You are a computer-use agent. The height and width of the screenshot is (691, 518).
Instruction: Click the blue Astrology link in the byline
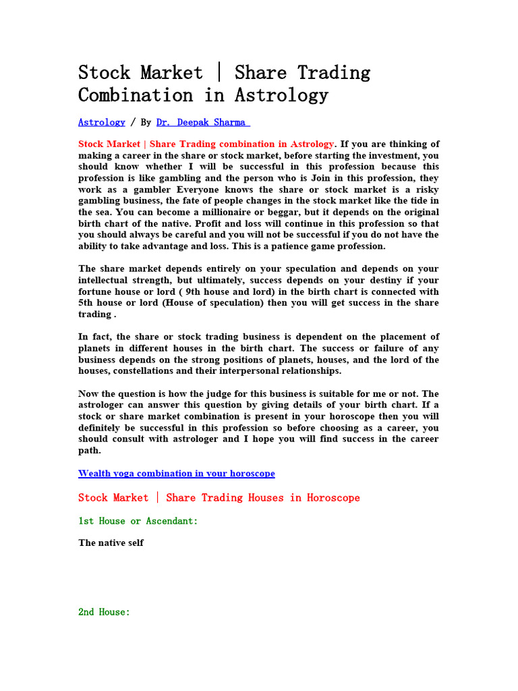tap(101, 122)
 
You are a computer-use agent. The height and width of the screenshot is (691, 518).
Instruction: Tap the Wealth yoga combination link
tap(176, 473)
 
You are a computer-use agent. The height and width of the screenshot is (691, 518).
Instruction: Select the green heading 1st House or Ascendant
tap(138, 521)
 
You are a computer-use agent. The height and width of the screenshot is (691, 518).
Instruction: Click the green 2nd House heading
tap(104, 612)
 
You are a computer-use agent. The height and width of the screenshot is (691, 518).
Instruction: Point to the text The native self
tap(111, 543)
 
